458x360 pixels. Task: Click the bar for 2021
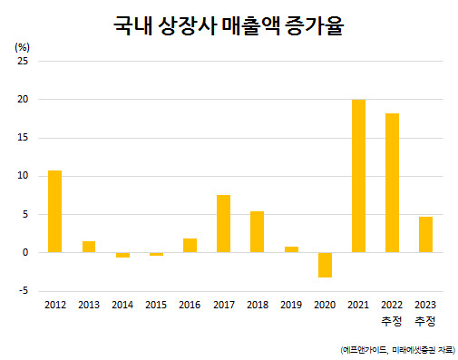pyautogui.click(x=358, y=176)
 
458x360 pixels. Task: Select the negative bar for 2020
pyautogui.click(x=325, y=265)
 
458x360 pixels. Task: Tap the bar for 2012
pyautogui.click(x=54, y=211)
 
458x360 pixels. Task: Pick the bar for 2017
pyautogui.click(x=223, y=224)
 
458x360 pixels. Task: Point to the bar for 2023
pyautogui.click(x=425, y=235)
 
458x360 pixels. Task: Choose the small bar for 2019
pyautogui.click(x=291, y=249)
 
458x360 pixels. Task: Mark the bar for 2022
pyautogui.click(x=392, y=183)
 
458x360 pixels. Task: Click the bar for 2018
pyautogui.click(x=257, y=232)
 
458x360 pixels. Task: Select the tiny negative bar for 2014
pyautogui.click(x=122, y=255)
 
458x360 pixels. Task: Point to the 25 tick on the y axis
pyautogui.click(x=23, y=61)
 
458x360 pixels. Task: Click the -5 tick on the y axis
pyautogui.click(x=24, y=291)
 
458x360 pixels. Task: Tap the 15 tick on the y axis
pyautogui.click(x=23, y=138)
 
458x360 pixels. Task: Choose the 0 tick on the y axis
pyautogui.click(x=25, y=252)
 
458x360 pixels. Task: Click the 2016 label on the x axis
pyautogui.click(x=190, y=305)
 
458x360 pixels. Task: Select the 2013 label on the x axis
pyautogui.click(x=89, y=305)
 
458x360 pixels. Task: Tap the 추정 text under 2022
pyautogui.click(x=392, y=321)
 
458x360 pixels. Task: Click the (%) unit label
pyautogui.click(x=22, y=47)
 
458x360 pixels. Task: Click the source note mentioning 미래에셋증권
pyautogui.click(x=398, y=350)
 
